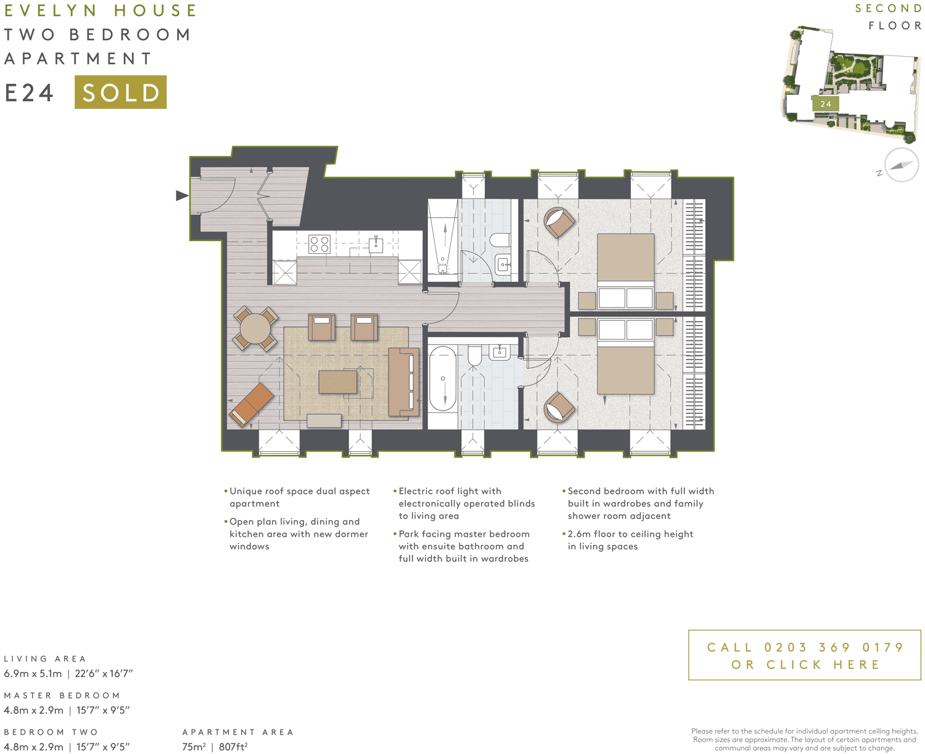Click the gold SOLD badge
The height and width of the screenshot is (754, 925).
[x=120, y=92]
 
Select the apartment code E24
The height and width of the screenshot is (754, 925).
[x=30, y=93]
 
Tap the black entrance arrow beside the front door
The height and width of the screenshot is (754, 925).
[x=181, y=195]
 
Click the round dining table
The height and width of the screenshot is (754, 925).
[x=255, y=329]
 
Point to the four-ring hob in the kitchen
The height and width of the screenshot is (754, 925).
[x=319, y=244]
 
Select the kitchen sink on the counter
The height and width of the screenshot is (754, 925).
[x=376, y=244]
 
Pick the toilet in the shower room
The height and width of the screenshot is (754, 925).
[x=499, y=239]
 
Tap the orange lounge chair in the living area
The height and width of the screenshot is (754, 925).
[x=251, y=404]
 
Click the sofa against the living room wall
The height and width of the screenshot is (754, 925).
[x=403, y=382]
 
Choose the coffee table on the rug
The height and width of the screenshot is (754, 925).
[x=337, y=382]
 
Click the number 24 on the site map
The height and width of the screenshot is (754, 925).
[x=826, y=104]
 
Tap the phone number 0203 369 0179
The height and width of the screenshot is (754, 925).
[x=834, y=647]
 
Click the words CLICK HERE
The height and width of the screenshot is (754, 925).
[x=825, y=665]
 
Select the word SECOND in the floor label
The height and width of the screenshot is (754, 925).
[x=888, y=9]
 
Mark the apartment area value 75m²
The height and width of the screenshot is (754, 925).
[x=194, y=747]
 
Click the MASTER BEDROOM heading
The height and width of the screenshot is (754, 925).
[x=62, y=695]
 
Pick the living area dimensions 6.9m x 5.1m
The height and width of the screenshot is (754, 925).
[x=33, y=674]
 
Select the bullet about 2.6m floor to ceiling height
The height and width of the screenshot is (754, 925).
[x=630, y=540]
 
